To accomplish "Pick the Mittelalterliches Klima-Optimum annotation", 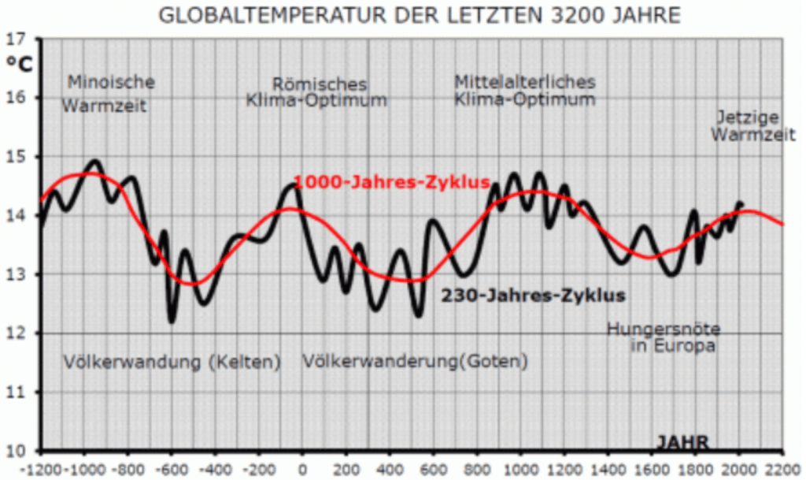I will coord(525,91).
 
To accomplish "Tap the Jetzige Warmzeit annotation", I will coord(746,126).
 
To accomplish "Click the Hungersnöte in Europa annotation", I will coord(663,337).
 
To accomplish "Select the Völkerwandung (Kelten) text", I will coord(172,362).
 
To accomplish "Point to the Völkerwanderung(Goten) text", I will coord(416,362).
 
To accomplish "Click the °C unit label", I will coord(20,65).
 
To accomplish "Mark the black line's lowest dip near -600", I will coord(172,320).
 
